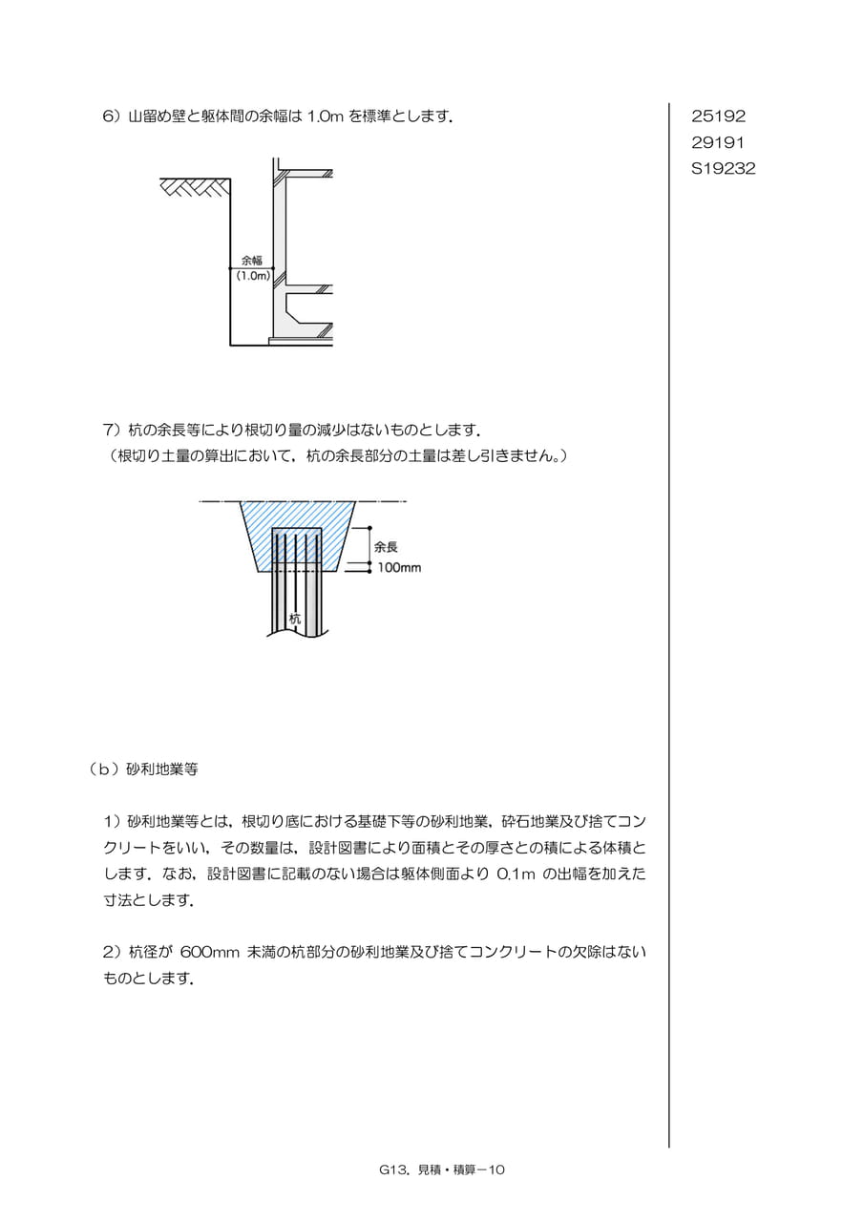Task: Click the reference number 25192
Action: click(x=718, y=116)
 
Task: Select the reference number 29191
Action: click(x=718, y=142)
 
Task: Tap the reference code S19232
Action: click(x=724, y=169)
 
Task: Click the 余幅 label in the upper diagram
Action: click(x=252, y=261)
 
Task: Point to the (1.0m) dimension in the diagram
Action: click(x=253, y=276)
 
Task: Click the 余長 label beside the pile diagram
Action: click(x=386, y=547)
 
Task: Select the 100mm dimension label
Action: click(x=399, y=568)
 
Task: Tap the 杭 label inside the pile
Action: click(x=295, y=619)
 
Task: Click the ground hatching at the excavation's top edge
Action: click(x=196, y=186)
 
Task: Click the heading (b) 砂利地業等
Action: click(x=143, y=769)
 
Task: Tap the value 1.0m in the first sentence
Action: click(x=326, y=116)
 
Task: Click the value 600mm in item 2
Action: click(x=210, y=953)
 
